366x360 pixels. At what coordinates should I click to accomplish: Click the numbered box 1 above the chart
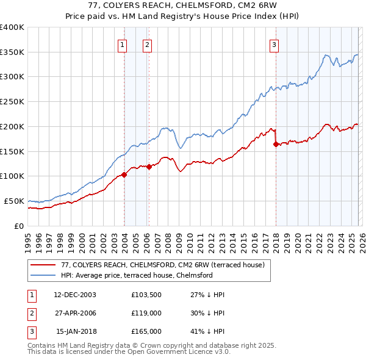(x=123, y=44)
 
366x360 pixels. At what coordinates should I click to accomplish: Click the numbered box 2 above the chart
(x=148, y=44)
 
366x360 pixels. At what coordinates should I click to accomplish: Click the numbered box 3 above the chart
(x=274, y=44)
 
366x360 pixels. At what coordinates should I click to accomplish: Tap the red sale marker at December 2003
(x=124, y=175)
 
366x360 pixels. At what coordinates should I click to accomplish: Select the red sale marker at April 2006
(x=149, y=166)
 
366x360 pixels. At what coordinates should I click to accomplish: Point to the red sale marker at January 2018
(x=276, y=144)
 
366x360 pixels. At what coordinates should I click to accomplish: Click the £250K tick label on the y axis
(x=12, y=102)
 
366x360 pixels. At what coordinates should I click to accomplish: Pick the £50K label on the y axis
(x=14, y=201)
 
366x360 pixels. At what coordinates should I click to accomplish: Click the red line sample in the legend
(x=44, y=265)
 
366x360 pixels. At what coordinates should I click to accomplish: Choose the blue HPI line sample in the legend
(x=44, y=276)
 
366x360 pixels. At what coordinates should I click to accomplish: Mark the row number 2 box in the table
(x=31, y=313)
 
